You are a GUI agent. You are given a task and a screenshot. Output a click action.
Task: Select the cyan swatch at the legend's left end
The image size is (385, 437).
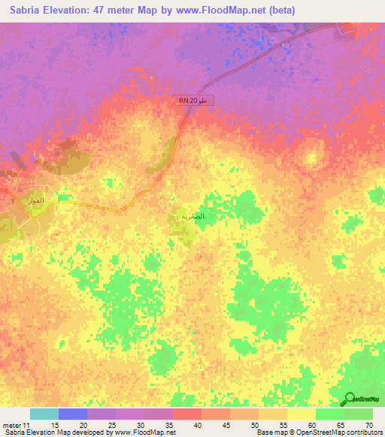[44, 414]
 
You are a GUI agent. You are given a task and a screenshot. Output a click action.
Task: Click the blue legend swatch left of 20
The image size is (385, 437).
[73, 414]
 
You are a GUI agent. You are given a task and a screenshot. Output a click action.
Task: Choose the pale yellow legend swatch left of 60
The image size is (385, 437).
[302, 414]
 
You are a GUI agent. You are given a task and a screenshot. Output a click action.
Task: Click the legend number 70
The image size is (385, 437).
[368, 424]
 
